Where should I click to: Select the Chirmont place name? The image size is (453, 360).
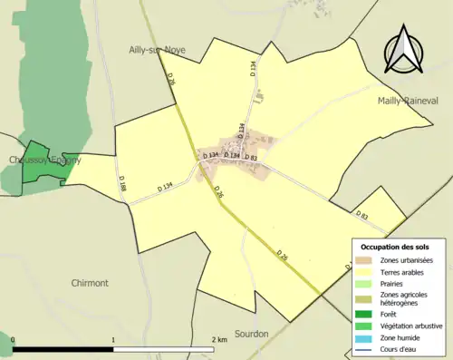90,283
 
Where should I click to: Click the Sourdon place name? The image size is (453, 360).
251,334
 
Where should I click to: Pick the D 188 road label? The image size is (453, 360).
122,188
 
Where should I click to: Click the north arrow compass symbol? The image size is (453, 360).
405,50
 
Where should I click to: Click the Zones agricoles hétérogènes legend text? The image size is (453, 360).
404,299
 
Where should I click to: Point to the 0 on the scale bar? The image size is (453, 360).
13,340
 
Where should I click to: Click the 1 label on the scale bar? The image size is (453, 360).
113,340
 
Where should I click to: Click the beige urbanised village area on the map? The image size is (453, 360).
237,151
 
